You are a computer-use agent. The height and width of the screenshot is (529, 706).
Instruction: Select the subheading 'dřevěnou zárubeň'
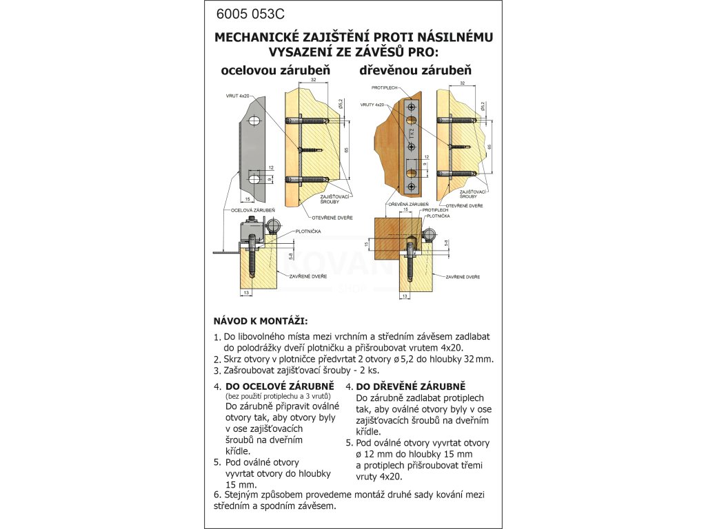415,70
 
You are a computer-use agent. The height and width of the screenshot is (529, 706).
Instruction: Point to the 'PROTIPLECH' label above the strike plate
383,88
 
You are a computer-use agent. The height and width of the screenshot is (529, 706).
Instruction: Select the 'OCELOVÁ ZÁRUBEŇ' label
252,209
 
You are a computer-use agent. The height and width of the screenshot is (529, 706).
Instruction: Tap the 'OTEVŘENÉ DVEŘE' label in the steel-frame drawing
334,218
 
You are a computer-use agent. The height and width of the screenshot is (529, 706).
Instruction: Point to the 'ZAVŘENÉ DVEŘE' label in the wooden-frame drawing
463,276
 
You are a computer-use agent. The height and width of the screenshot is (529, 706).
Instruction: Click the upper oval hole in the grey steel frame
254,121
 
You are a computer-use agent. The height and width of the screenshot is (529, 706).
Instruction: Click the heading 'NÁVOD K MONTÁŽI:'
261,321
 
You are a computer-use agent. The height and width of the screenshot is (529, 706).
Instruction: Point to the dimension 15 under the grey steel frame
246,200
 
